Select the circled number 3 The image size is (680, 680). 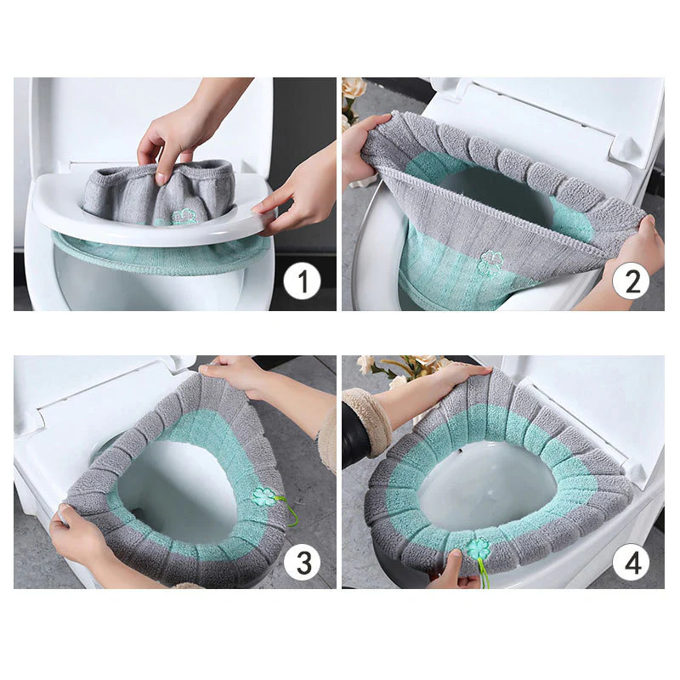click(302, 561)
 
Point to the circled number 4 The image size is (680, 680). click(632, 561)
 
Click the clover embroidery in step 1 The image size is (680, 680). click(184, 217)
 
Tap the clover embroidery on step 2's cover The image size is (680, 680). click(490, 260)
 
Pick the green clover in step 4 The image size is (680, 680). click(478, 548)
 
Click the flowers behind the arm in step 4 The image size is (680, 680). click(399, 366)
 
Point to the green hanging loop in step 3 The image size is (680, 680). click(289, 515)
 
